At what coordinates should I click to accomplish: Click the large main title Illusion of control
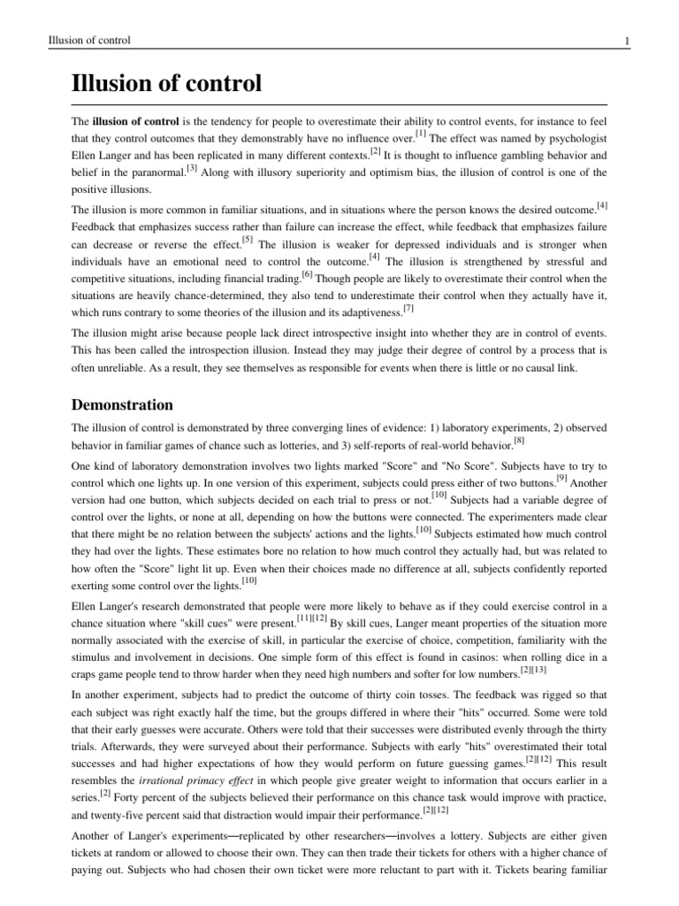pos(166,84)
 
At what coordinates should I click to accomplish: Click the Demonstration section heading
pos(122,405)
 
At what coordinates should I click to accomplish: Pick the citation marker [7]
pos(408,307)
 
